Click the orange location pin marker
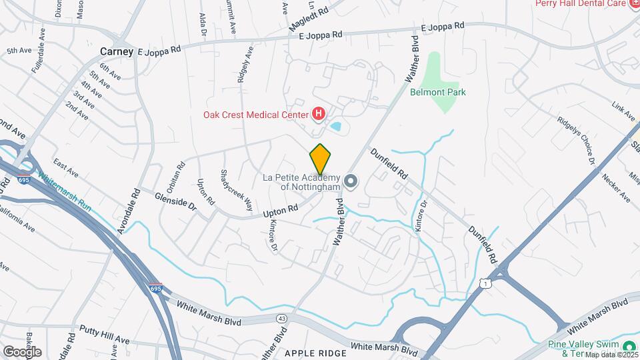coord(320,159)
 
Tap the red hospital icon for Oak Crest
coord(319,114)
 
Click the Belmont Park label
coord(437,93)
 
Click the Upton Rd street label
coord(280,211)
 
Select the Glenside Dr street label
coord(176,201)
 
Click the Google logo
coord(22,351)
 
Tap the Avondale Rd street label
coord(127,209)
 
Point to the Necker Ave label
coord(615,187)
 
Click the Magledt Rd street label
coord(309,17)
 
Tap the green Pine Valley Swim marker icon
coord(628,346)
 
